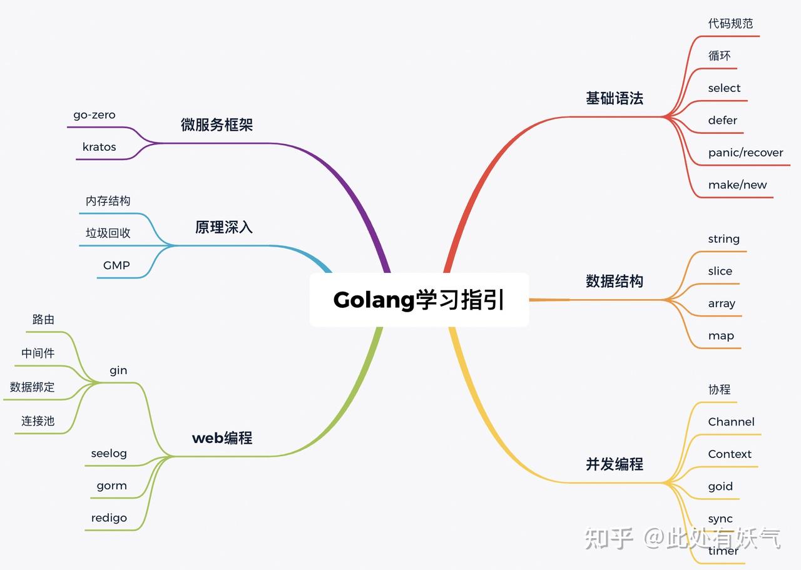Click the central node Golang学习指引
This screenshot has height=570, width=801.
[419, 300]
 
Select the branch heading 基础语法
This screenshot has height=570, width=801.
[614, 98]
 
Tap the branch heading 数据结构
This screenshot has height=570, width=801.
[614, 282]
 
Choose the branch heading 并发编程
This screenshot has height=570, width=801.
[614, 464]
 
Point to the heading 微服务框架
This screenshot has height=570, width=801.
[217, 125]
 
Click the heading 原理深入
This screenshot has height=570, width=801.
[223, 227]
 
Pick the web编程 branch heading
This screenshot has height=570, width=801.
[222, 438]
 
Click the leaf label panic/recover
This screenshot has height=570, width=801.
[745, 153]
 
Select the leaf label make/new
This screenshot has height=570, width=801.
[737, 185]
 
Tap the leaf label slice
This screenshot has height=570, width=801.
[720, 271]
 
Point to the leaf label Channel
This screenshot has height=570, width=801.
[731, 422]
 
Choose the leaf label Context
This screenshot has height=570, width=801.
[729, 454]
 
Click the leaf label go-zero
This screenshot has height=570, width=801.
[94, 115]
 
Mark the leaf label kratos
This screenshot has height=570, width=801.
[99, 147]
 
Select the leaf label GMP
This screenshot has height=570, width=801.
[116, 265]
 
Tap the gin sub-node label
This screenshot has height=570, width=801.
[118, 370]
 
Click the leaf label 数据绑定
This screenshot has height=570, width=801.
[32, 387]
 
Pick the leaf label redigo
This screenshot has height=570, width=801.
[109, 518]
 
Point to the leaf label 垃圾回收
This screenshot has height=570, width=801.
[108, 233]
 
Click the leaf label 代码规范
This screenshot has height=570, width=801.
[730, 24]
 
